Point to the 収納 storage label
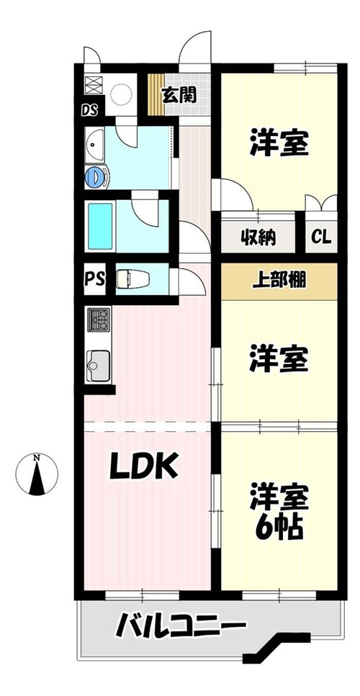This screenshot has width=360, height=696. click(x=258, y=238)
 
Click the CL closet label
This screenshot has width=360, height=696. click(x=321, y=237)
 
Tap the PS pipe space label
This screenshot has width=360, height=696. click(x=94, y=280)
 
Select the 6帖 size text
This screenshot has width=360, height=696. click(x=279, y=526)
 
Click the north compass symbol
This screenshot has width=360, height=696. click(x=37, y=474)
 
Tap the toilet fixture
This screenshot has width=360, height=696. click(x=132, y=279)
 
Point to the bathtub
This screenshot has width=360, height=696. click(x=100, y=227)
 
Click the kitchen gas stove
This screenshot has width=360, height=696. click(x=99, y=320)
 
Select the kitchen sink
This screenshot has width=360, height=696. click(x=99, y=366)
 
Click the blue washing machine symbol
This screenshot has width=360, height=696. click(x=96, y=177)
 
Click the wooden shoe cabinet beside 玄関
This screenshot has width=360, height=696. click(x=156, y=94)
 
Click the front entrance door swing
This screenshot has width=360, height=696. click(x=195, y=48)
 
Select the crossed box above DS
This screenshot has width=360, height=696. click(x=94, y=85)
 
